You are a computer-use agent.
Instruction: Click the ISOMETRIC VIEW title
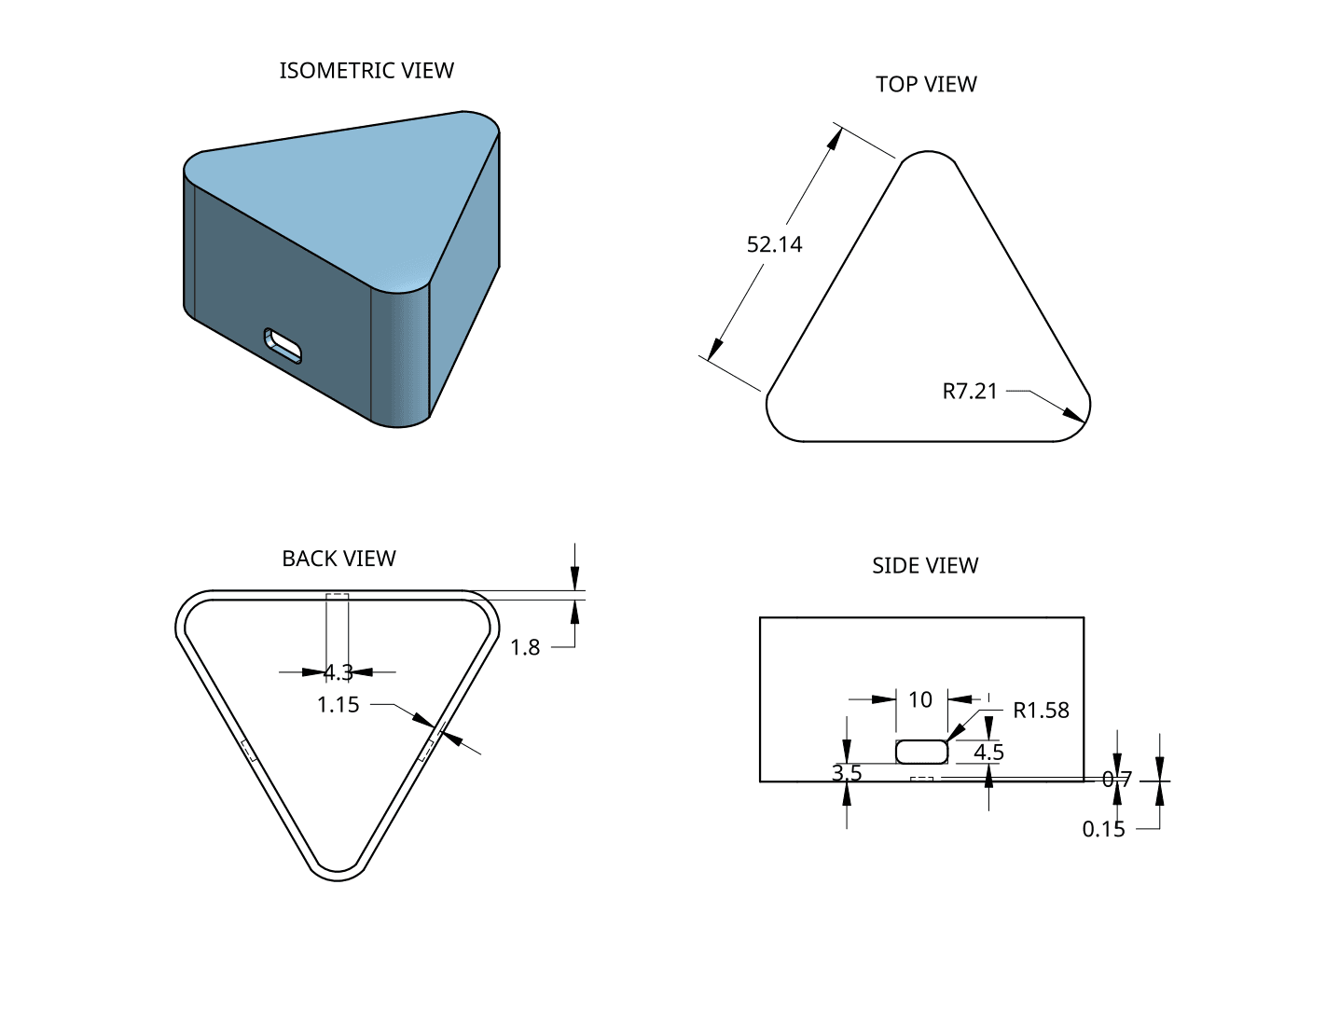click(366, 71)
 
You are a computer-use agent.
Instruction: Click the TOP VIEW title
click(926, 84)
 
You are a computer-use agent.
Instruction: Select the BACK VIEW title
click(338, 559)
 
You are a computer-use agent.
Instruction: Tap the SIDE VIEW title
click(925, 566)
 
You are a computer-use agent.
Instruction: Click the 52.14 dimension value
click(774, 244)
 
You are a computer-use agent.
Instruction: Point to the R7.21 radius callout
click(970, 392)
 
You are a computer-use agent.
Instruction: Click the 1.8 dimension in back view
click(525, 647)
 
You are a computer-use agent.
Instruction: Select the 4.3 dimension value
click(338, 671)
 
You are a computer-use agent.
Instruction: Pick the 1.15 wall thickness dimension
click(338, 705)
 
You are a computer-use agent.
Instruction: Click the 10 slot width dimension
click(920, 699)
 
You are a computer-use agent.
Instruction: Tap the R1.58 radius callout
click(1041, 711)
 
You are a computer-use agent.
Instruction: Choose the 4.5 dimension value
click(988, 752)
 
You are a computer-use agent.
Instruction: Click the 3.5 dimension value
click(847, 773)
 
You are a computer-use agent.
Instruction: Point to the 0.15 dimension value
click(1103, 829)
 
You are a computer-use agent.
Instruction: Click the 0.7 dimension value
click(1116, 780)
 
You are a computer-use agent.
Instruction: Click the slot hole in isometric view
click(283, 344)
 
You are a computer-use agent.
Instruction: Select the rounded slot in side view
click(921, 752)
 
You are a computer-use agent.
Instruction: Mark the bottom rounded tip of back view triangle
click(338, 873)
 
